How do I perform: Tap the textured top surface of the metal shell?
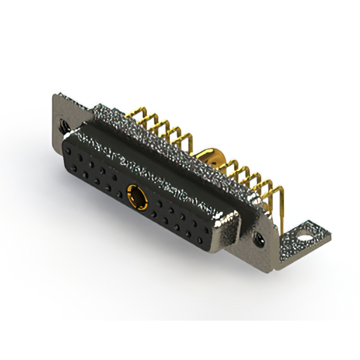coord(157,146)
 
